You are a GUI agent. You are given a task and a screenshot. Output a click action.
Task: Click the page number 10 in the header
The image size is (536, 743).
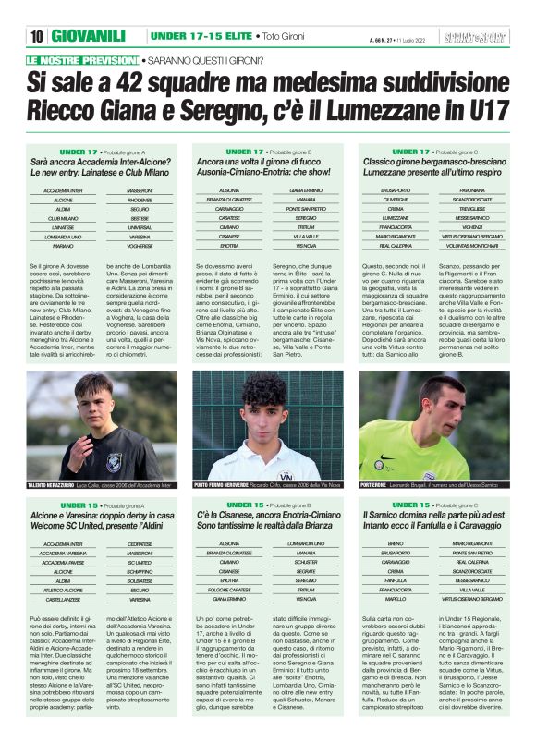pos(37,36)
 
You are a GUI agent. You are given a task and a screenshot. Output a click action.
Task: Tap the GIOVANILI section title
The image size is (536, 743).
pos(89,36)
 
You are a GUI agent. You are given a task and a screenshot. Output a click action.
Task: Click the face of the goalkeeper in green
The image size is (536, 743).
pos(427,413)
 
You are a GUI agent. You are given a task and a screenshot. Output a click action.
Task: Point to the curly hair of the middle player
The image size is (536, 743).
pos(263,389)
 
